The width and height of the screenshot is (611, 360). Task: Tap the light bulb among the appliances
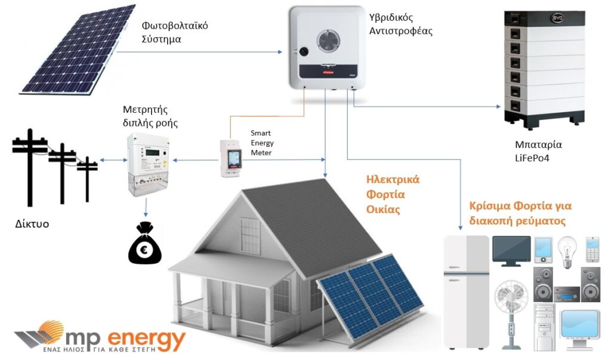(567, 252)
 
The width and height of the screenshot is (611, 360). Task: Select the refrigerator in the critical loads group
(467, 292)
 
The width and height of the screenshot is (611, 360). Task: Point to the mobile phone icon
(593, 249)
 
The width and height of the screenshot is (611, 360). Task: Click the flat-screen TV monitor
(511, 251)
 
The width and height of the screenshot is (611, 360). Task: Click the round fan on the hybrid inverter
(328, 41)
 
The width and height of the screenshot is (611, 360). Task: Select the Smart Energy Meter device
(231, 158)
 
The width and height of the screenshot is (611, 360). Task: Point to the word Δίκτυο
(32, 224)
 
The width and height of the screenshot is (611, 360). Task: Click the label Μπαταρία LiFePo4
(538, 151)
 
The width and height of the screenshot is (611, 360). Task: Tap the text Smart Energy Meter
(262, 143)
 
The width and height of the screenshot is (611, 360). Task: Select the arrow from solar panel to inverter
(199, 52)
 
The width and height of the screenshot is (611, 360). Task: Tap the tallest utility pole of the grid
(30, 168)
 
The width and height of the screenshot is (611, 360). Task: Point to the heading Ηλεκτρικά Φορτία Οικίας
(393, 194)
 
